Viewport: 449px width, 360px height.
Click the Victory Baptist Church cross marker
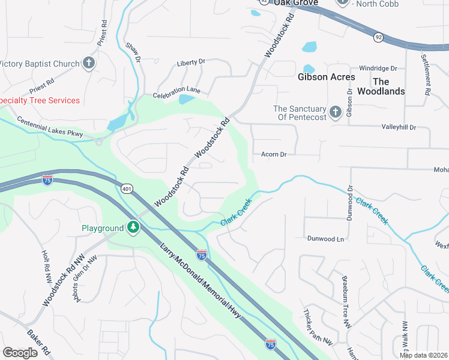[89, 63]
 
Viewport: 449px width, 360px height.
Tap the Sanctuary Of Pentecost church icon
[336, 112]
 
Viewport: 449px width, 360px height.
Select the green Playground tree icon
[133, 228]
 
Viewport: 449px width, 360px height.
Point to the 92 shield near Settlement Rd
[379, 37]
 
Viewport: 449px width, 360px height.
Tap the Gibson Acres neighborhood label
[327, 77]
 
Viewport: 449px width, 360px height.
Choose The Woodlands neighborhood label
[381, 86]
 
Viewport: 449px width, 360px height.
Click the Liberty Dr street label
[191, 62]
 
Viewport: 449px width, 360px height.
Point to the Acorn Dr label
[274, 154]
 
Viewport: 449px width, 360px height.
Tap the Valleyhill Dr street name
[399, 127]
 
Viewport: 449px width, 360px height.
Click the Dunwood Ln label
[326, 239]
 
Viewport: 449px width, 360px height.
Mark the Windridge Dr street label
[378, 68]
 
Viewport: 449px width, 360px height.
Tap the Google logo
[20, 352]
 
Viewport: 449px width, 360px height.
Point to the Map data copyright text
[423, 355]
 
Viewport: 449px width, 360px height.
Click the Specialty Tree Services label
[40, 100]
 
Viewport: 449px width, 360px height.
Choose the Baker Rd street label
[38, 342]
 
